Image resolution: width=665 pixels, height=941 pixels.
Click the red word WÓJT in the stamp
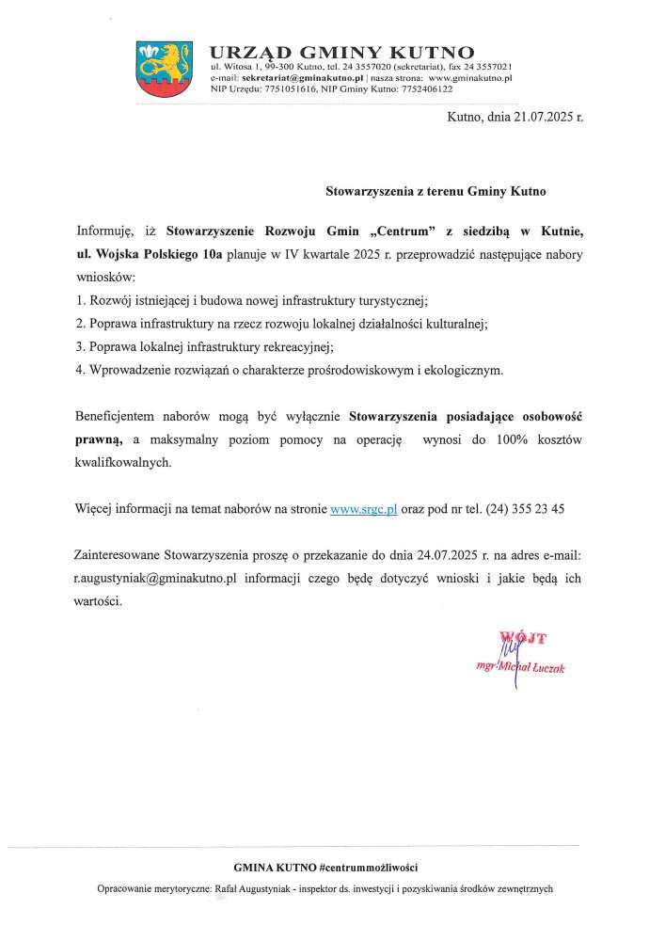pyautogui.click(x=523, y=637)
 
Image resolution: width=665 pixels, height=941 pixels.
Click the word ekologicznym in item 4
pyautogui.click(x=463, y=370)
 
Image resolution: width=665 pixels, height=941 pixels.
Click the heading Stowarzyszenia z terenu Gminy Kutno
pyautogui.click(x=435, y=189)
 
